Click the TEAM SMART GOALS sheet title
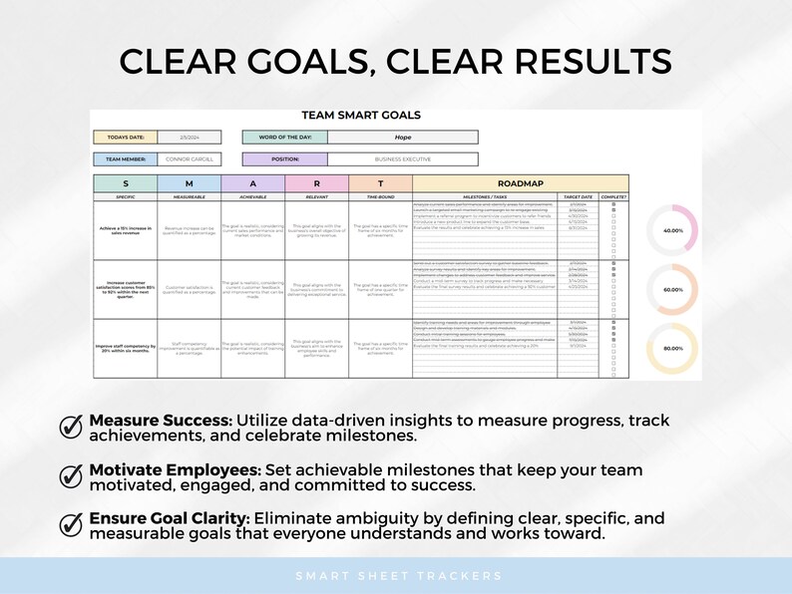click(360, 116)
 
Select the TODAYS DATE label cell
click(125, 138)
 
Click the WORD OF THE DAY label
click(284, 138)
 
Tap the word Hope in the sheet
click(402, 138)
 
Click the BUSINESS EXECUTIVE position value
click(402, 158)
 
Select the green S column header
click(126, 183)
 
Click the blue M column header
click(190, 183)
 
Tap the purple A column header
click(253, 183)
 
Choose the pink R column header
click(316, 183)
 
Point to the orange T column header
click(380, 183)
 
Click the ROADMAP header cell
click(520, 183)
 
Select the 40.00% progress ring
click(672, 230)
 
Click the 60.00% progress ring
click(672, 290)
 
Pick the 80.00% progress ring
click(672, 349)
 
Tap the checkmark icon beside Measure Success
click(72, 427)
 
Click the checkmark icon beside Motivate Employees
click(72, 476)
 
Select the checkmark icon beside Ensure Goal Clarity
click(72, 525)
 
